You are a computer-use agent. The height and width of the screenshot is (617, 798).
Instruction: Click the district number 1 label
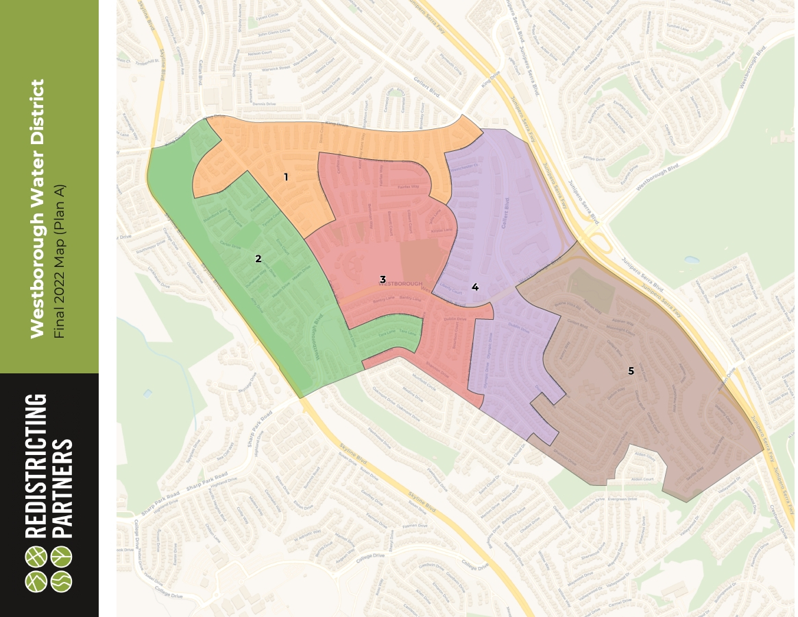(286, 177)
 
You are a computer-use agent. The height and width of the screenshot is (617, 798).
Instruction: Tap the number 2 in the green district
(258, 259)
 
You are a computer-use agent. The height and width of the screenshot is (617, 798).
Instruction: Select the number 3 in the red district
(383, 279)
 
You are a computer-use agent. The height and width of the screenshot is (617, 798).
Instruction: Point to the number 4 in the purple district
(474, 286)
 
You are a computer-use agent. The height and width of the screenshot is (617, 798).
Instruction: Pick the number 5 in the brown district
(631, 371)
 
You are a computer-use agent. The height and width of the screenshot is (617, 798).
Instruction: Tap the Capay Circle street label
(269, 16)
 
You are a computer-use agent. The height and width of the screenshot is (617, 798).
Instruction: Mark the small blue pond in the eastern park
(691, 260)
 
